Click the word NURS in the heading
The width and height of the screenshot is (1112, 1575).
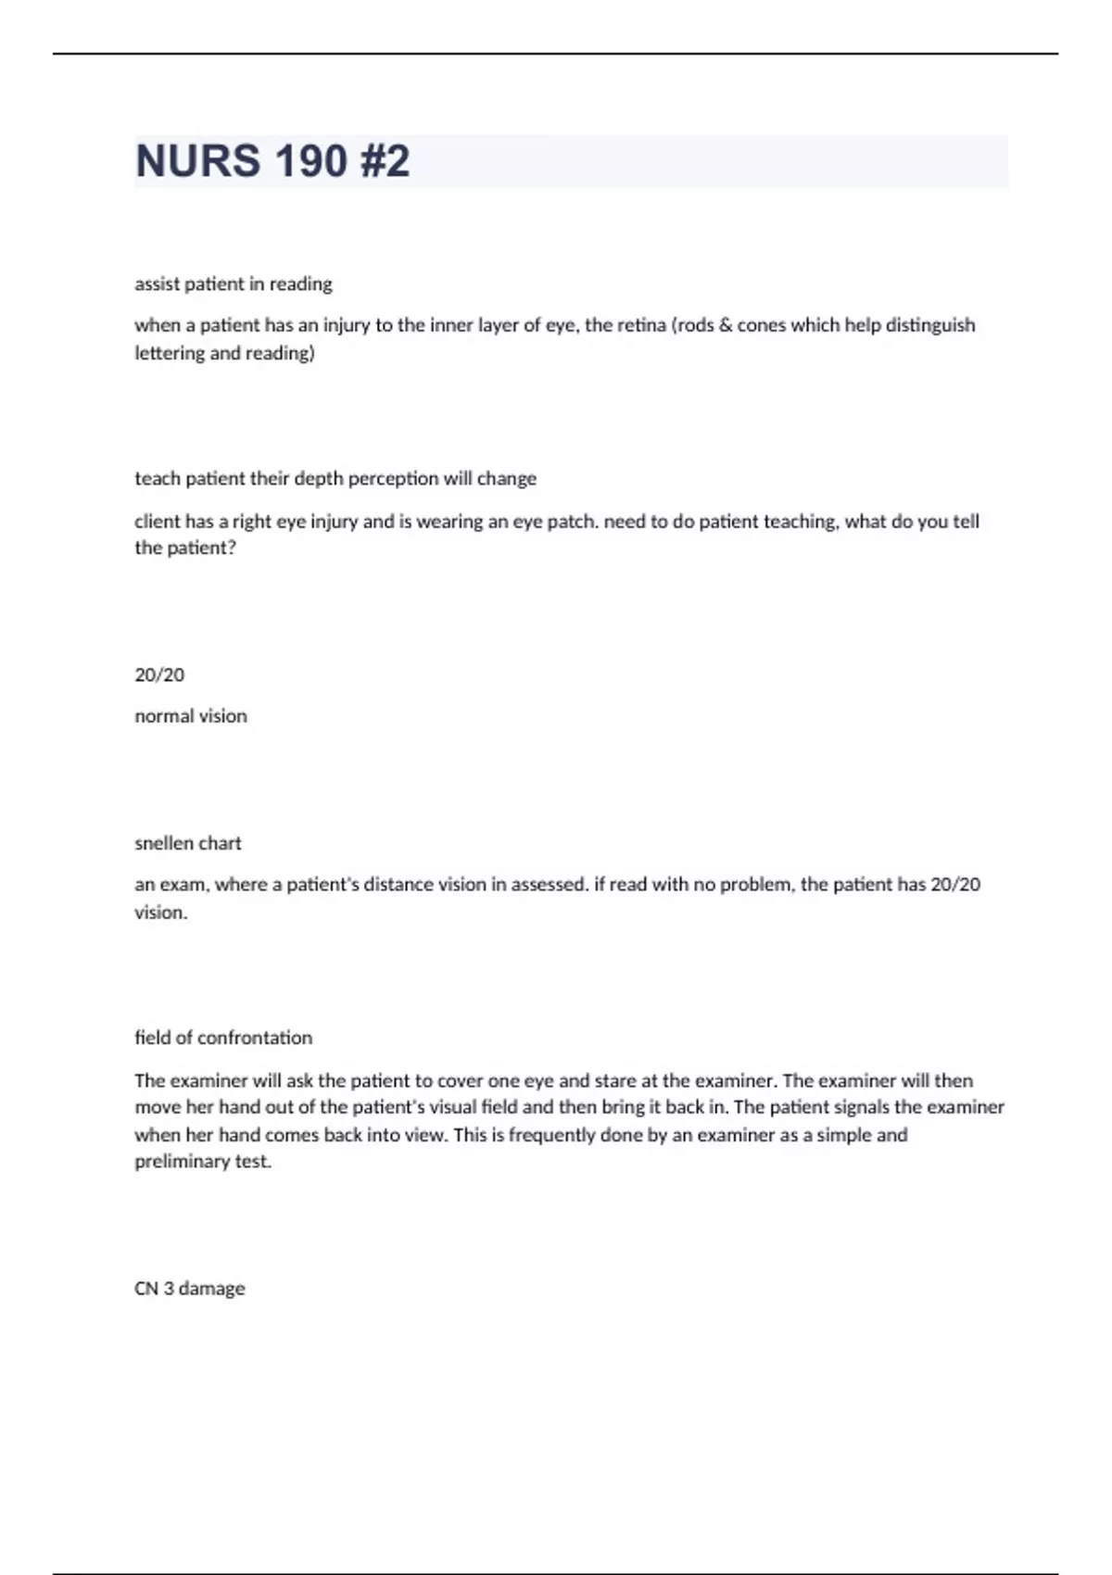pos(197,161)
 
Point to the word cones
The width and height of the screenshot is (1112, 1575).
pos(762,325)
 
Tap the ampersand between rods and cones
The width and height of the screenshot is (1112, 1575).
pos(726,325)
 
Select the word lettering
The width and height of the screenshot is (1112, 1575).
pos(170,353)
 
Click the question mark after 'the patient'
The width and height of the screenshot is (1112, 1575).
pos(232,548)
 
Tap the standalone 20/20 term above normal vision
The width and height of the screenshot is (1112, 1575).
pos(159,675)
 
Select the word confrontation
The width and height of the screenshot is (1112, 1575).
pos(255,1038)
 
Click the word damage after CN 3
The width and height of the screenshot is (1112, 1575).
pos(211,1289)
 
